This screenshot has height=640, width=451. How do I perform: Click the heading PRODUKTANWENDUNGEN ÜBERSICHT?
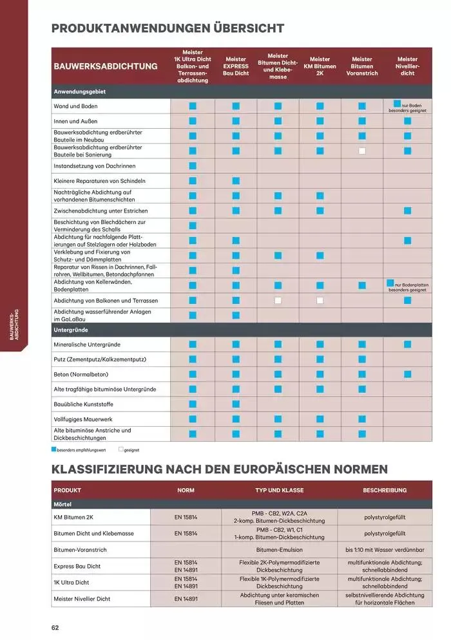[x=168, y=28]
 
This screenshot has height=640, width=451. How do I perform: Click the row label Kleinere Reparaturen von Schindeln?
[x=99, y=181]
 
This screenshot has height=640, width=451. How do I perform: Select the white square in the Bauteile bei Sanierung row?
[x=362, y=151]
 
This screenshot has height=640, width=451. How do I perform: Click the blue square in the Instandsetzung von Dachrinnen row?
[x=192, y=166]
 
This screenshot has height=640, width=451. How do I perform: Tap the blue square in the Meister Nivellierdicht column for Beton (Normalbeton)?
[x=407, y=374]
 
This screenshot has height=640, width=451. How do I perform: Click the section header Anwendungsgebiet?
[x=79, y=92]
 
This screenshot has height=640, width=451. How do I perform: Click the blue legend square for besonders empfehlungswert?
[x=54, y=450]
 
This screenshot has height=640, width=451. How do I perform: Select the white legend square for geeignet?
[x=120, y=450]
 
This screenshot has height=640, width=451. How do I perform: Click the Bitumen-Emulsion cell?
[x=279, y=550]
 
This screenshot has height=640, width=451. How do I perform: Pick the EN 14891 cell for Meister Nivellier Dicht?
[x=186, y=599]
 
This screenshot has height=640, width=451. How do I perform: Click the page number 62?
[x=56, y=627]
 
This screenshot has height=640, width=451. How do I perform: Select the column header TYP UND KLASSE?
[x=279, y=490]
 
